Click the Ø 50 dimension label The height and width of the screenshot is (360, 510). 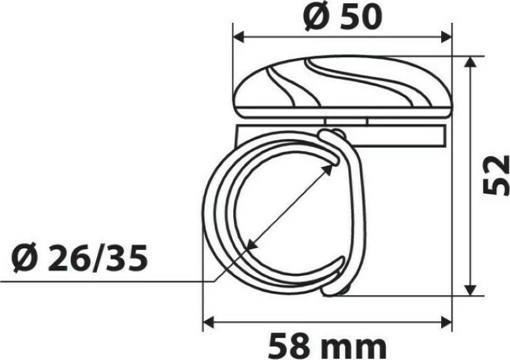342,17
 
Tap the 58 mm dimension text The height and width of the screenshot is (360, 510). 328,346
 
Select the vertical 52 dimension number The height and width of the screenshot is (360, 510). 495,175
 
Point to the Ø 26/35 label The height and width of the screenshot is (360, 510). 80,259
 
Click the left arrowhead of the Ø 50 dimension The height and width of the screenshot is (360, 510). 239,37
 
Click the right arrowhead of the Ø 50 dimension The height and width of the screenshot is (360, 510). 446,37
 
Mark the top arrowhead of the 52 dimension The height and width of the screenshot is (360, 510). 469,62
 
